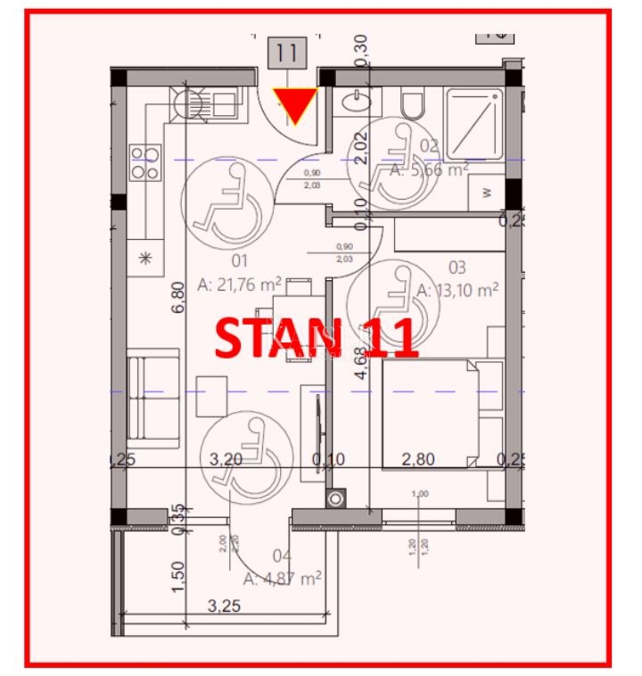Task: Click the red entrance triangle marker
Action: pyautogui.click(x=294, y=105)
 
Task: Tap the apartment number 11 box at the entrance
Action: pyautogui.click(x=286, y=53)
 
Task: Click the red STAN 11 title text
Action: pyautogui.click(x=317, y=337)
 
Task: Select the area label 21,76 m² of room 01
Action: pyautogui.click(x=240, y=284)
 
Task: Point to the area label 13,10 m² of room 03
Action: pyautogui.click(x=457, y=289)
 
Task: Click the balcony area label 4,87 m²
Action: pyautogui.click(x=282, y=578)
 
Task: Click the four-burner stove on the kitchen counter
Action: pyautogui.click(x=144, y=163)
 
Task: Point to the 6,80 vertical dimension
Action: pyautogui.click(x=180, y=296)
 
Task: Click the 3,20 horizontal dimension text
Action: pyautogui.click(x=226, y=460)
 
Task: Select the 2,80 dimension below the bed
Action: pyautogui.click(x=418, y=460)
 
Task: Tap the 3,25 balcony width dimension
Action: pyautogui.click(x=226, y=607)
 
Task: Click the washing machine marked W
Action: pyautogui.click(x=487, y=191)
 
